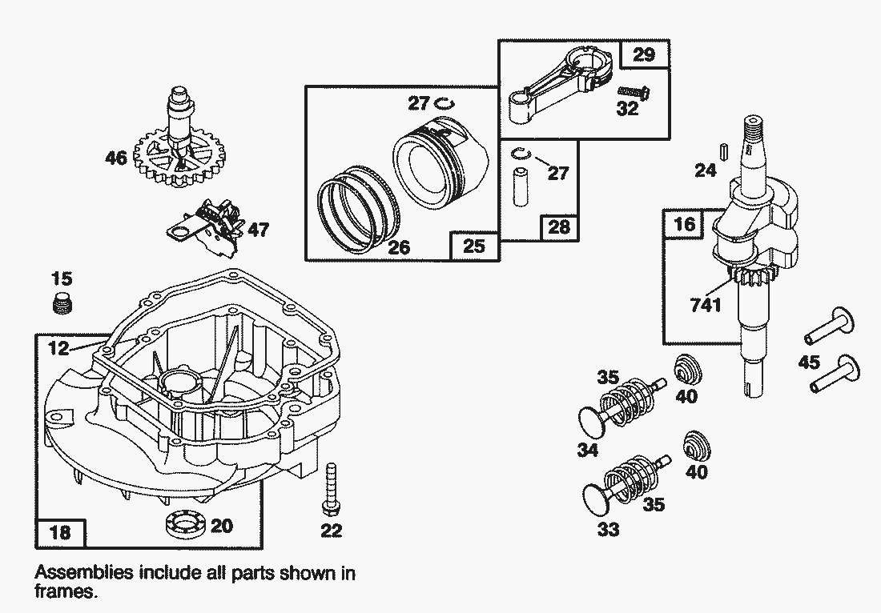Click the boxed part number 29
pyautogui.click(x=644, y=54)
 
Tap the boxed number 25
pyautogui.click(x=475, y=246)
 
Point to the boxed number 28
pyautogui.click(x=559, y=227)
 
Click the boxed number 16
pyautogui.click(x=684, y=224)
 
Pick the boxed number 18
pyautogui.click(x=59, y=531)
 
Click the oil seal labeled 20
pyautogui.click(x=183, y=524)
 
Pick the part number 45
pyautogui.click(x=810, y=363)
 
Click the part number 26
pyautogui.click(x=398, y=247)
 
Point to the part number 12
pyautogui.click(x=58, y=348)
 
